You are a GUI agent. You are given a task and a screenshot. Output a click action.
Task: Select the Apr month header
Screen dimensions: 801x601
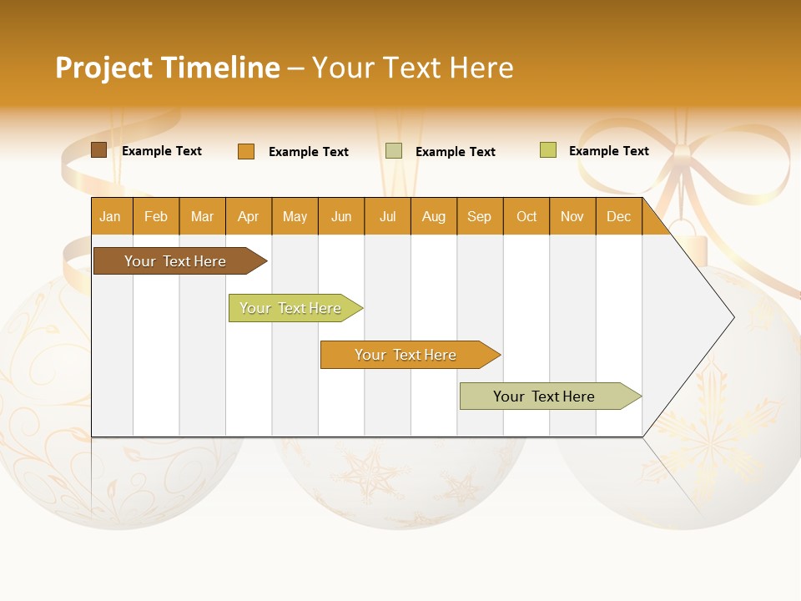click(x=249, y=216)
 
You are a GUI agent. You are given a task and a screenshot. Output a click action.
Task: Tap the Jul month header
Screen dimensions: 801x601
click(x=388, y=216)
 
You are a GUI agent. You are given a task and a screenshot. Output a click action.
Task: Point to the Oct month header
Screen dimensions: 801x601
click(x=526, y=216)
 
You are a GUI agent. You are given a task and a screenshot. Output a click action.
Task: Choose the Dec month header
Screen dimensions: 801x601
click(x=619, y=216)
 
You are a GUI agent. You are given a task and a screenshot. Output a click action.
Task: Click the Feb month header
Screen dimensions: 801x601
click(x=156, y=216)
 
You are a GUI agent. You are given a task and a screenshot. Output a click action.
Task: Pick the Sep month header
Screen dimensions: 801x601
click(x=481, y=216)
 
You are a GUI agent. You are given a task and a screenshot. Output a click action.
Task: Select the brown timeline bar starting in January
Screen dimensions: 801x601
click(x=180, y=260)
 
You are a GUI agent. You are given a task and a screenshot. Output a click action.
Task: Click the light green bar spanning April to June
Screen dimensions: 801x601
click(x=295, y=308)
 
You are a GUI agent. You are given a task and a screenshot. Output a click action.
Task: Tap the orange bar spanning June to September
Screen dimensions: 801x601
click(x=411, y=355)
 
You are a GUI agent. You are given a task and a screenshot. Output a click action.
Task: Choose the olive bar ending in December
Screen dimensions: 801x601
click(x=551, y=396)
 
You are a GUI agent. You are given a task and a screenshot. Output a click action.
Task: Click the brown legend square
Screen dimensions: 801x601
click(x=98, y=149)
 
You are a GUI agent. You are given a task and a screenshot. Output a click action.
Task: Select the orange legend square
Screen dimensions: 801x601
click(x=246, y=151)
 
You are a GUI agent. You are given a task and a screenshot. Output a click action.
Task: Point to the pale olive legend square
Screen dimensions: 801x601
click(x=394, y=151)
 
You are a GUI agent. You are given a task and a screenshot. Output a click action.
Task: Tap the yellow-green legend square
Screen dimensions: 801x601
click(x=548, y=149)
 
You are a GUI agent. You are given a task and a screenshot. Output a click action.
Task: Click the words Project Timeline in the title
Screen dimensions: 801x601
click(x=168, y=68)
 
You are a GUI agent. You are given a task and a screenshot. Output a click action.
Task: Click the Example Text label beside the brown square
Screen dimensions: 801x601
click(x=162, y=151)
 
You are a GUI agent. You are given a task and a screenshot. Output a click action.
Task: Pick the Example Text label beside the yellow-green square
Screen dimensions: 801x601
click(x=609, y=151)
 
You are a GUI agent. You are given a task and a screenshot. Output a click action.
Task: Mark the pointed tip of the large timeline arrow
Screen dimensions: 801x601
click(x=734, y=317)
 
